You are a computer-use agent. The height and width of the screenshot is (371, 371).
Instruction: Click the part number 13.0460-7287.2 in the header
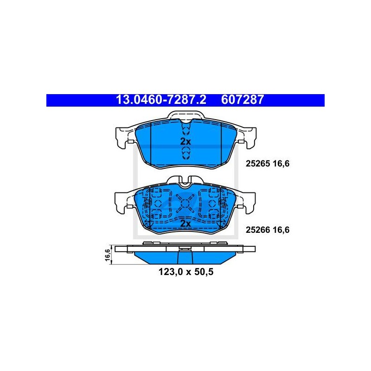tap(161, 100)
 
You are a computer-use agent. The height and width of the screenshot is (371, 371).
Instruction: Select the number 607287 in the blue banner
tap(242, 100)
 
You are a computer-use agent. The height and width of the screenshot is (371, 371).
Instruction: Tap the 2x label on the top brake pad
tap(185, 142)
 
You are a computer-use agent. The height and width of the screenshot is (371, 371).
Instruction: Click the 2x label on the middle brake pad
tap(185, 224)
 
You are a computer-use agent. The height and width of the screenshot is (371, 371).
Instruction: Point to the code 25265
tap(258, 164)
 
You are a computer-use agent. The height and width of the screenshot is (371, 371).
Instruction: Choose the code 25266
tap(258, 230)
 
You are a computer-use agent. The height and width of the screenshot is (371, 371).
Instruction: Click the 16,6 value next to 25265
tap(281, 164)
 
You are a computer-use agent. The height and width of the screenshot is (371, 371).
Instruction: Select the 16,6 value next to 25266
tap(281, 230)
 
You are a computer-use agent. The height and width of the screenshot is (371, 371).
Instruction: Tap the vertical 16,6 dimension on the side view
tap(108, 255)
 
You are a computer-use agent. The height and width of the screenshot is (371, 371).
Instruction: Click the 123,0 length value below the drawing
tap(170, 272)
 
